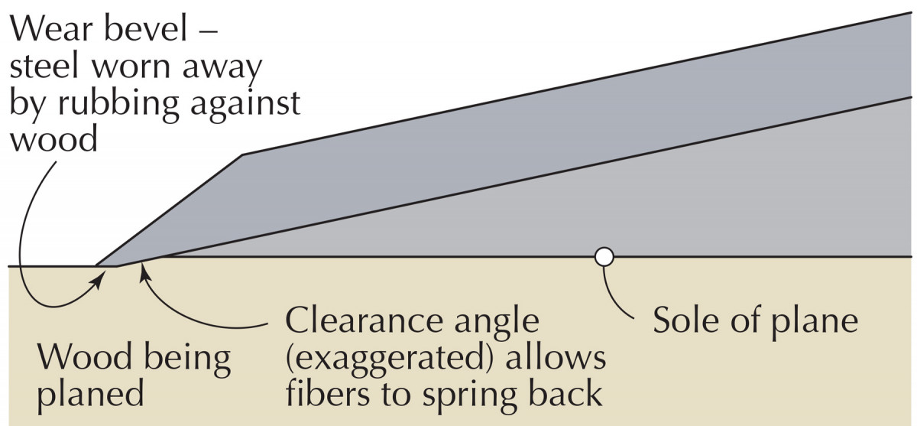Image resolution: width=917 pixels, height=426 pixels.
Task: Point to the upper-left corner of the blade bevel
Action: [243, 154]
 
